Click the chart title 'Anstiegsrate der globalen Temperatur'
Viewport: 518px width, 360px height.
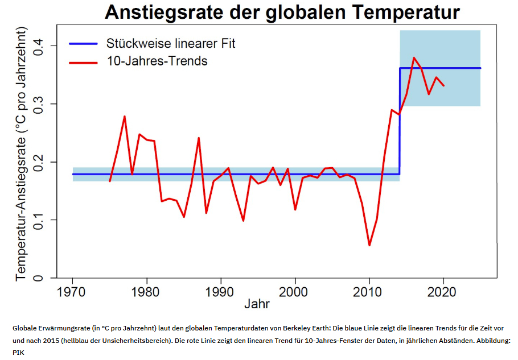click(282, 12)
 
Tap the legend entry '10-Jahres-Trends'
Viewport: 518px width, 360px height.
click(157, 60)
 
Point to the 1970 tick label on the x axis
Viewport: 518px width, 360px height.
click(73, 291)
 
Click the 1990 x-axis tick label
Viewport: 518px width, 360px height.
click(221, 291)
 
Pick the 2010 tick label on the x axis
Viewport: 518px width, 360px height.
click(369, 291)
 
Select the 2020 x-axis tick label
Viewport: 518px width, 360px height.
click(443, 291)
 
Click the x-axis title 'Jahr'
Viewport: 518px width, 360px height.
click(257, 304)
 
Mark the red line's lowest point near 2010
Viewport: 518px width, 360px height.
click(369, 245)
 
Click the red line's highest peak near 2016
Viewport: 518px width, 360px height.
click(414, 57)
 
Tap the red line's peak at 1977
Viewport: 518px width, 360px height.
click(125, 117)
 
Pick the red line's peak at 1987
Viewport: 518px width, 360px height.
click(199, 138)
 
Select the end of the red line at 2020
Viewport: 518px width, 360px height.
click(444, 85)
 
